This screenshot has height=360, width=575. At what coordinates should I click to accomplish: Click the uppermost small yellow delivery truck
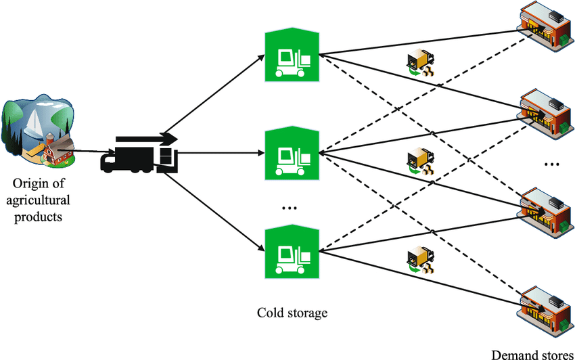coord(419,63)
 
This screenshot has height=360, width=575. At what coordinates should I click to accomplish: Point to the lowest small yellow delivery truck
coord(419,261)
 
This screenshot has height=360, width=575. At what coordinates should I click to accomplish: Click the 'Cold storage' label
coord(292,313)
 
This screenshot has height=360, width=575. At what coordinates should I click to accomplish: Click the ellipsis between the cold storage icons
coord(290,208)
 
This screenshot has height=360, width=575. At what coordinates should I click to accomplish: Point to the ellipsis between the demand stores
coord(551,163)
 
